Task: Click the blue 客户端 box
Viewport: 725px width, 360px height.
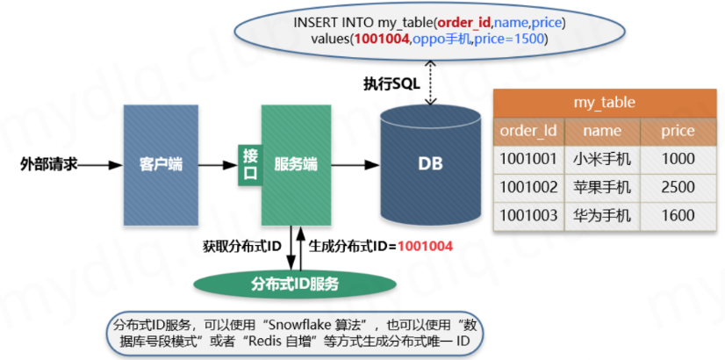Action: tap(161, 164)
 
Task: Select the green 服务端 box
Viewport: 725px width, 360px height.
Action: tap(296, 164)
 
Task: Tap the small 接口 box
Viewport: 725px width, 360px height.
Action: tap(249, 164)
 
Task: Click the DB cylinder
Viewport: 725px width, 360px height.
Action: tap(430, 164)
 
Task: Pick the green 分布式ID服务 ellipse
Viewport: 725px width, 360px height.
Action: tap(295, 284)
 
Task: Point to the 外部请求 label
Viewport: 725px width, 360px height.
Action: tap(49, 164)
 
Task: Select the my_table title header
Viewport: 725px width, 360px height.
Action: tap(605, 102)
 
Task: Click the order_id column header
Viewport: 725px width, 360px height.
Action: tap(528, 131)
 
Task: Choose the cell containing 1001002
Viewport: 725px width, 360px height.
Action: tap(528, 187)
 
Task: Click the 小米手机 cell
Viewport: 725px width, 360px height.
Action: tap(602, 160)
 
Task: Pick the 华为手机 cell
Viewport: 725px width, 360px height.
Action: tap(602, 215)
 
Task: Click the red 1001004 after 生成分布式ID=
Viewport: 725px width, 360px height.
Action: tap(425, 247)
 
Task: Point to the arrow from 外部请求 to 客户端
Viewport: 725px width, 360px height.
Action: tap(102, 164)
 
